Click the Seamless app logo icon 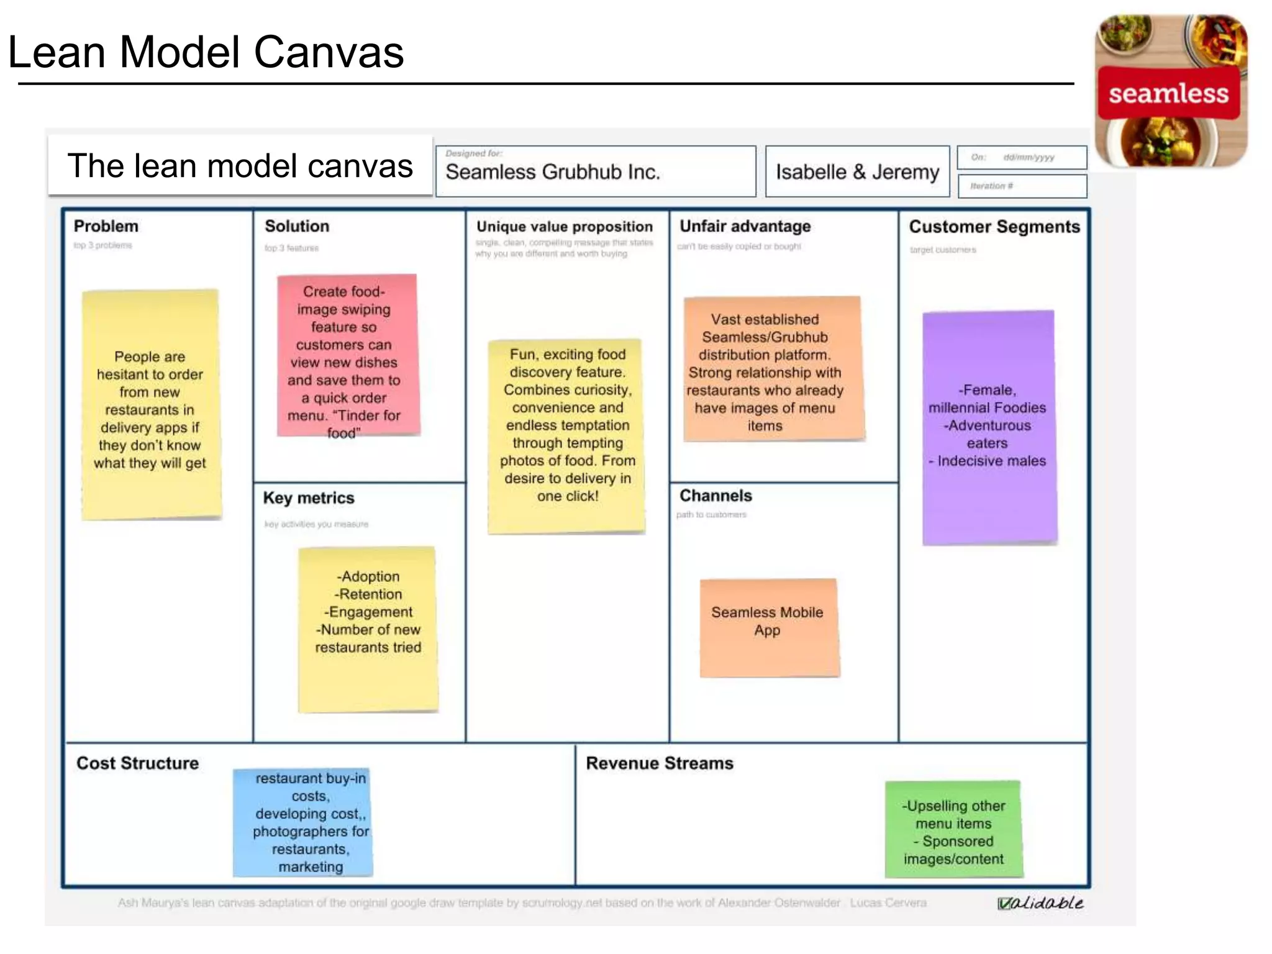[x=1170, y=92]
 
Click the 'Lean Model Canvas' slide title [x=206, y=52]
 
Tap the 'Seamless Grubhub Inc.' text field [x=595, y=171]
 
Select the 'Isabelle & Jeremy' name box [x=857, y=171]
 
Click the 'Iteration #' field [x=1022, y=186]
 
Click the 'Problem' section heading [x=106, y=226]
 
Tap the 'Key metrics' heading [x=309, y=498]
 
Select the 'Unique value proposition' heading [x=565, y=227]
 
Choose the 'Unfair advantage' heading [x=745, y=226]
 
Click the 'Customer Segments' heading [x=994, y=227]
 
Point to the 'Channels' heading [x=715, y=496]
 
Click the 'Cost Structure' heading [x=137, y=763]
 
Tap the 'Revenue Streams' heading [x=660, y=763]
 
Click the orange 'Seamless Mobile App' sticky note [x=769, y=628]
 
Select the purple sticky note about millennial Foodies [x=989, y=427]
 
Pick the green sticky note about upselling [x=953, y=830]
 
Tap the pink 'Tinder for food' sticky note [x=348, y=355]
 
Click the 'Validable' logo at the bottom [x=1040, y=903]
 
